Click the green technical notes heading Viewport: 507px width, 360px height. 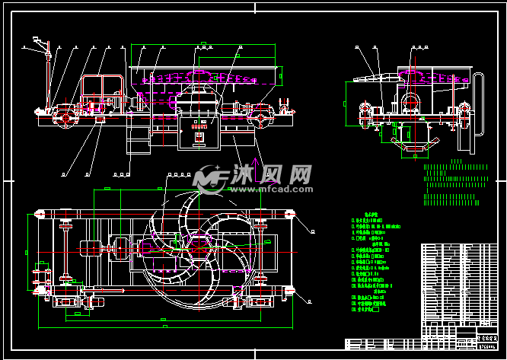point(371,215)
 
